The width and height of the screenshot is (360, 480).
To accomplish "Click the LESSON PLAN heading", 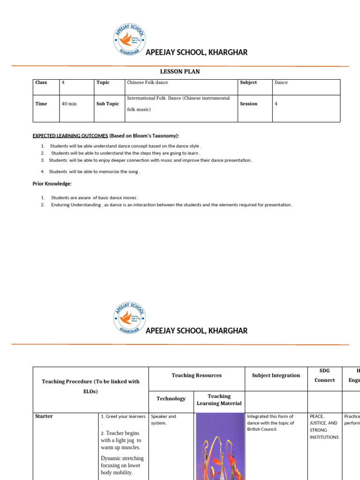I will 180,71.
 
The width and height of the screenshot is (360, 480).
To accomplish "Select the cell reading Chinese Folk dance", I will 148,82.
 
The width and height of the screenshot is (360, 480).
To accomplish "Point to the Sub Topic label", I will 108,104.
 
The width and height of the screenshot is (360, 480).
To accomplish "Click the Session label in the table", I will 248,104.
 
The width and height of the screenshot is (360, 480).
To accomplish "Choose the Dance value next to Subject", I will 281,82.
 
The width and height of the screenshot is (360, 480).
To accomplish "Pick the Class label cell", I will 41,82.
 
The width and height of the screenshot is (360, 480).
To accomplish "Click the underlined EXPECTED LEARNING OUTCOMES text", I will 70,136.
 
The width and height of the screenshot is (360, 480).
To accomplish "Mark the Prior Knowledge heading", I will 52,184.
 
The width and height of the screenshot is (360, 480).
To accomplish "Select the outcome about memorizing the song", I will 94,172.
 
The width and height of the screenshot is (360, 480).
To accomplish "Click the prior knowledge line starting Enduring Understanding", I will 172,205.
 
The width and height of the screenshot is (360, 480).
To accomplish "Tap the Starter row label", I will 44,416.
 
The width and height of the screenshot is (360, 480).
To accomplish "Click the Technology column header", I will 171,398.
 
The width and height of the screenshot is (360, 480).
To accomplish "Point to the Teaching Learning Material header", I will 219,399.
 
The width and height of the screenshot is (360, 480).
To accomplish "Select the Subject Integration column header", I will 276,375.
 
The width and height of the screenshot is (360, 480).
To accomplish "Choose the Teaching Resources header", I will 196,375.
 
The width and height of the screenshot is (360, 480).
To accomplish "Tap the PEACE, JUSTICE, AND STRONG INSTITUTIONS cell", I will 323,427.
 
